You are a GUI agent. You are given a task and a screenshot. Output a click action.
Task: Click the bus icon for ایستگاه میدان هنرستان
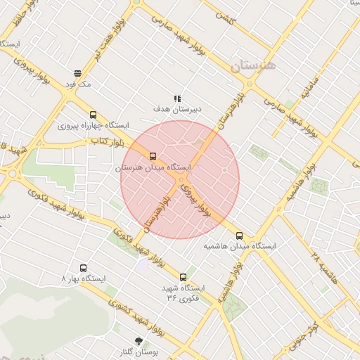(x=153, y=156)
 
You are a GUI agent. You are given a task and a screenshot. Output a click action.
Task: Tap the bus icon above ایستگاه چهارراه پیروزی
(x=93, y=115)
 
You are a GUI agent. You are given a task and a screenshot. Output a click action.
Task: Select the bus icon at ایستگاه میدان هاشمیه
(x=240, y=236)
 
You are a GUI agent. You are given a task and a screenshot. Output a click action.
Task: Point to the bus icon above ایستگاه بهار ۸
(x=84, y=268)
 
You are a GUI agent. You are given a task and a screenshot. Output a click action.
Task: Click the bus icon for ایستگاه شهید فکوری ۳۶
(x=184, y=277)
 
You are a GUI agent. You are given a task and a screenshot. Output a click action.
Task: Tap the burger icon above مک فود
(x=77, y=72)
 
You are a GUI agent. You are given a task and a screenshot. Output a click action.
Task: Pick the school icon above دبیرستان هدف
(x=177, y=98)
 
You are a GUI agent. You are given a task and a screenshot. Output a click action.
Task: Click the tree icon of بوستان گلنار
(x=138, y=341)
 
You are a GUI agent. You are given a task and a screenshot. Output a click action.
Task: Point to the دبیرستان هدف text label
(x=178, y=110)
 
